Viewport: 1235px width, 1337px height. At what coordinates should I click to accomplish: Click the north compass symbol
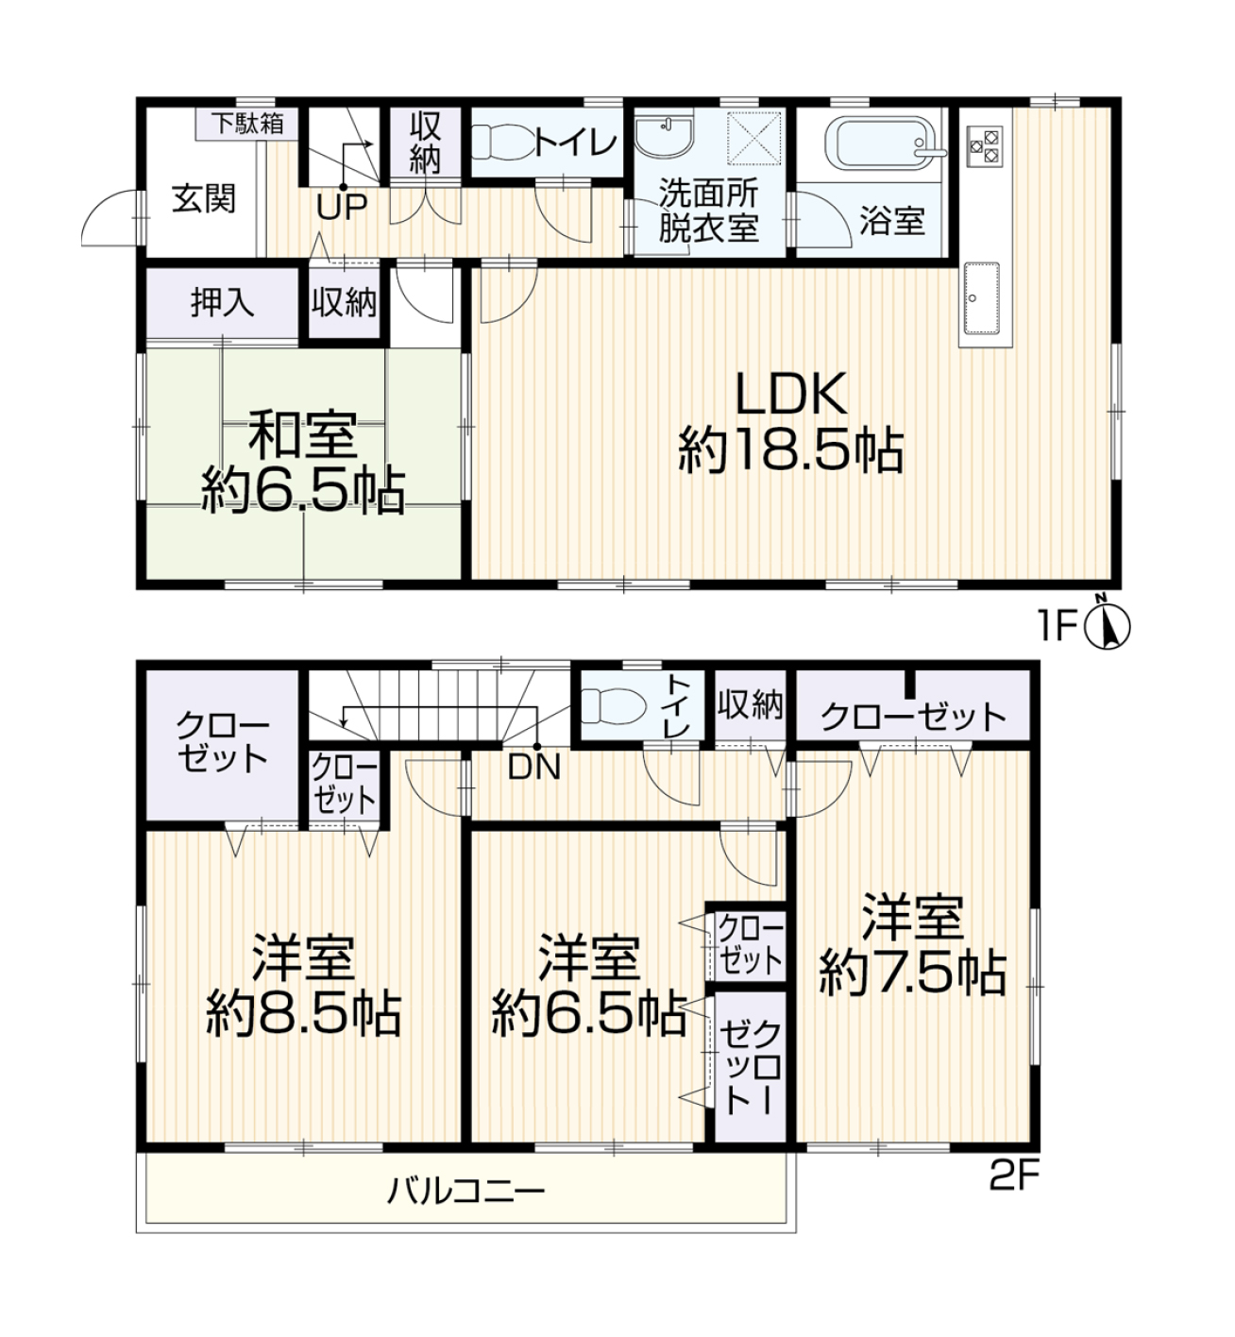click(x=1107, y=626)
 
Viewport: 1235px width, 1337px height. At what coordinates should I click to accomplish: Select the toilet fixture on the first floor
click(x=502, y=143)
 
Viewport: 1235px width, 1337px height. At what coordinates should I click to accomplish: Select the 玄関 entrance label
click(x=203, y=198)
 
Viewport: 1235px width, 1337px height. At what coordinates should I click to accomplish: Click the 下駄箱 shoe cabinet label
click(x=247, y=124)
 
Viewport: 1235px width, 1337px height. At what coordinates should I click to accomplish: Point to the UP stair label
click(x=342, y=208)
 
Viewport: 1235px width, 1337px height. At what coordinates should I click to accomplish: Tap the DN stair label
click(x=534, y=768)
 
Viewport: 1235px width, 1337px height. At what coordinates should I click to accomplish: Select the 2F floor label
click(x=1014, y=1177)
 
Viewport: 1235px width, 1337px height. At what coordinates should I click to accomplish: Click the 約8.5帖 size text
click(x=304, y=1014)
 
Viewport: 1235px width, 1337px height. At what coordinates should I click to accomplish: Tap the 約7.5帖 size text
click(x=912, y=973)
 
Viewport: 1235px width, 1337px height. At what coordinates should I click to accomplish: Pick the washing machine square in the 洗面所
click(x=754, y=138)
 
